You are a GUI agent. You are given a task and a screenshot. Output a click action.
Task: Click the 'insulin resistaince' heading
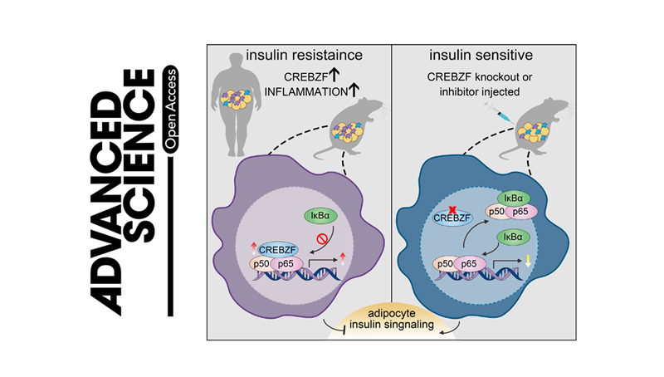297,56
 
